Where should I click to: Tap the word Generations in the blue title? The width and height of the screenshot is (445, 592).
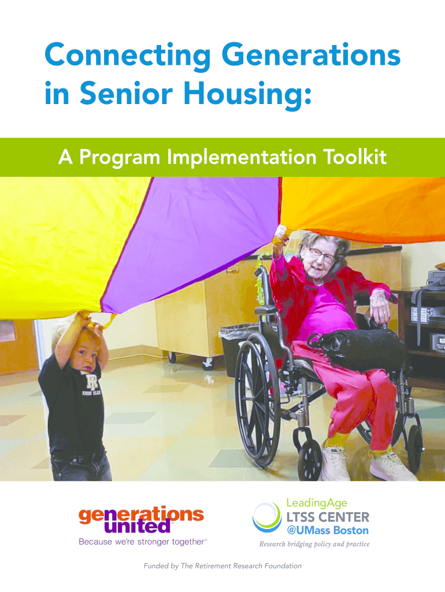313,55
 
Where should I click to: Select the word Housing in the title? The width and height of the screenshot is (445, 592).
247,94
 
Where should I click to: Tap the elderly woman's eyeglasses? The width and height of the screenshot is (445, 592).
322,254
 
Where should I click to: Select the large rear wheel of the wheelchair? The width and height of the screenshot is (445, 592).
257,400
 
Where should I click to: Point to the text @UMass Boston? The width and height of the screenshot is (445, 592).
328,531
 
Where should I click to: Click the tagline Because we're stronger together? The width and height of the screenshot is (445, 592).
143,542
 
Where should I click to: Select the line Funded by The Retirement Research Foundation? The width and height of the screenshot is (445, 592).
222,566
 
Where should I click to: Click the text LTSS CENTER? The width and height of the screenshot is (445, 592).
328,517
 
